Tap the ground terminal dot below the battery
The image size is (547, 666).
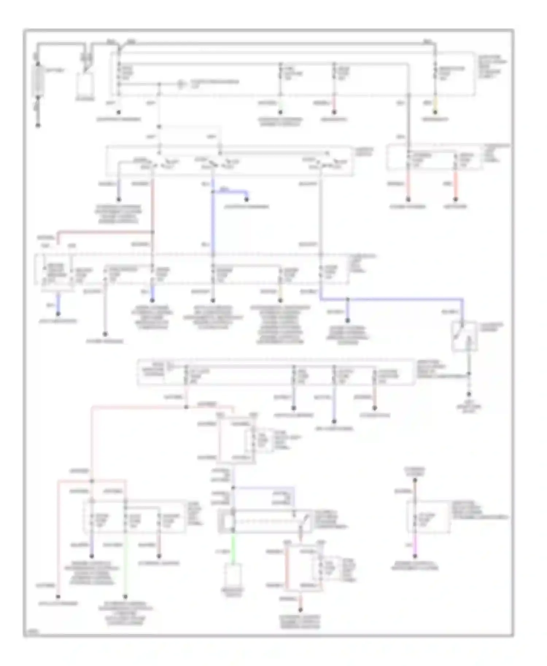tap(38, 126)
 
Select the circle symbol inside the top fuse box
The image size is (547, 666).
tap(181, 84)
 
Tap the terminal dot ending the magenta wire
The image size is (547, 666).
tap(415, 556)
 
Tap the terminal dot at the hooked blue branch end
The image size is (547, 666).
tap(247, 199)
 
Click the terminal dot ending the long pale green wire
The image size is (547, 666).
tap(125, 597)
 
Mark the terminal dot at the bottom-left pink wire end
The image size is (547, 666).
tap(58, 597)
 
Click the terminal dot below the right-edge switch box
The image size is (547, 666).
tap(469, 394)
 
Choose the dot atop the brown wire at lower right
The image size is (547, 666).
tap(415, 481)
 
